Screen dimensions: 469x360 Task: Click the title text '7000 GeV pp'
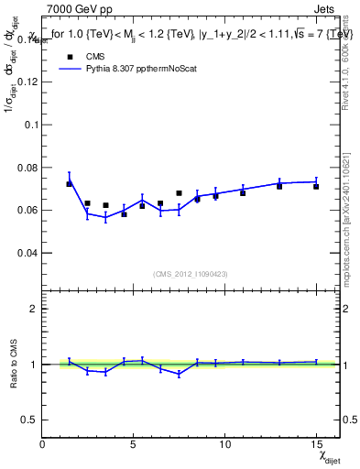coord(75,9)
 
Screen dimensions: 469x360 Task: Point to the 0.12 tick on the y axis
coord(27,81)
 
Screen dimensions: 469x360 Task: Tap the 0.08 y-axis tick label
coord(27,167)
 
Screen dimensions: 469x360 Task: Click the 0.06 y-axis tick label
coord(27,210)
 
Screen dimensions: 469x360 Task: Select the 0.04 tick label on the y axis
coord(27,253)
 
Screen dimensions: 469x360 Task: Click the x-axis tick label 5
coord(134,444)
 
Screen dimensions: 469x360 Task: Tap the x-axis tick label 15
coord(316,444)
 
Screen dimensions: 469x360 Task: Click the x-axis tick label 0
coord(43,444)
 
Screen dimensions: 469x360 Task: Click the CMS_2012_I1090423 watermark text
coord(191,274)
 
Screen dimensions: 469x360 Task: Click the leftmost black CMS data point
coord(69,184)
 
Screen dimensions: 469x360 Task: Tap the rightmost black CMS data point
coord(316,186)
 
